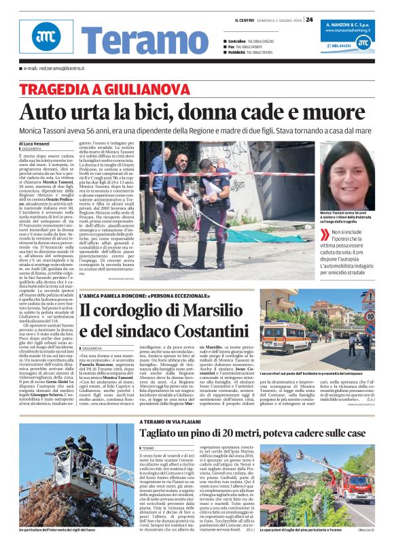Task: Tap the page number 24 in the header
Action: [x=309, y=19]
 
